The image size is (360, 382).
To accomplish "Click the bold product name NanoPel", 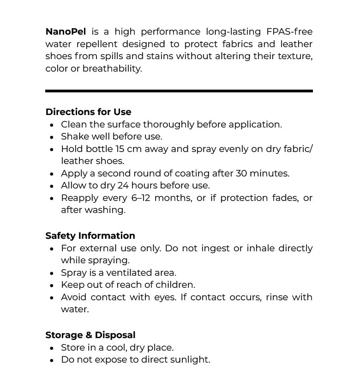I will click(66, 32).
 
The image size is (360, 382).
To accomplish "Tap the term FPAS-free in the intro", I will click(289, 32).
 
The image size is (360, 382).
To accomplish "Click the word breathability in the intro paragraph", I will click(112, 69).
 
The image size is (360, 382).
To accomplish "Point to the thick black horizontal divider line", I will click(179, 91).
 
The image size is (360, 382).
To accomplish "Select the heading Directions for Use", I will click(88, 112).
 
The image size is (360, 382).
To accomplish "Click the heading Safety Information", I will click(90, 236).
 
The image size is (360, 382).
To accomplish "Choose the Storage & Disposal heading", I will click(90, 335).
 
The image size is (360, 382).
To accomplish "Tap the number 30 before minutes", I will click(241, 174).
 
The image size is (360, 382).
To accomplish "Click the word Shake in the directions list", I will click(73, 137).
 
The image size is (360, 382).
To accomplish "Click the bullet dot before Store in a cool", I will click(52, 348).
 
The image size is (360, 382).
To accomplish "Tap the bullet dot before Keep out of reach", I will click(52, 285).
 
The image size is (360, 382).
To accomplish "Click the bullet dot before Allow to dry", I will click(52, 186).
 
